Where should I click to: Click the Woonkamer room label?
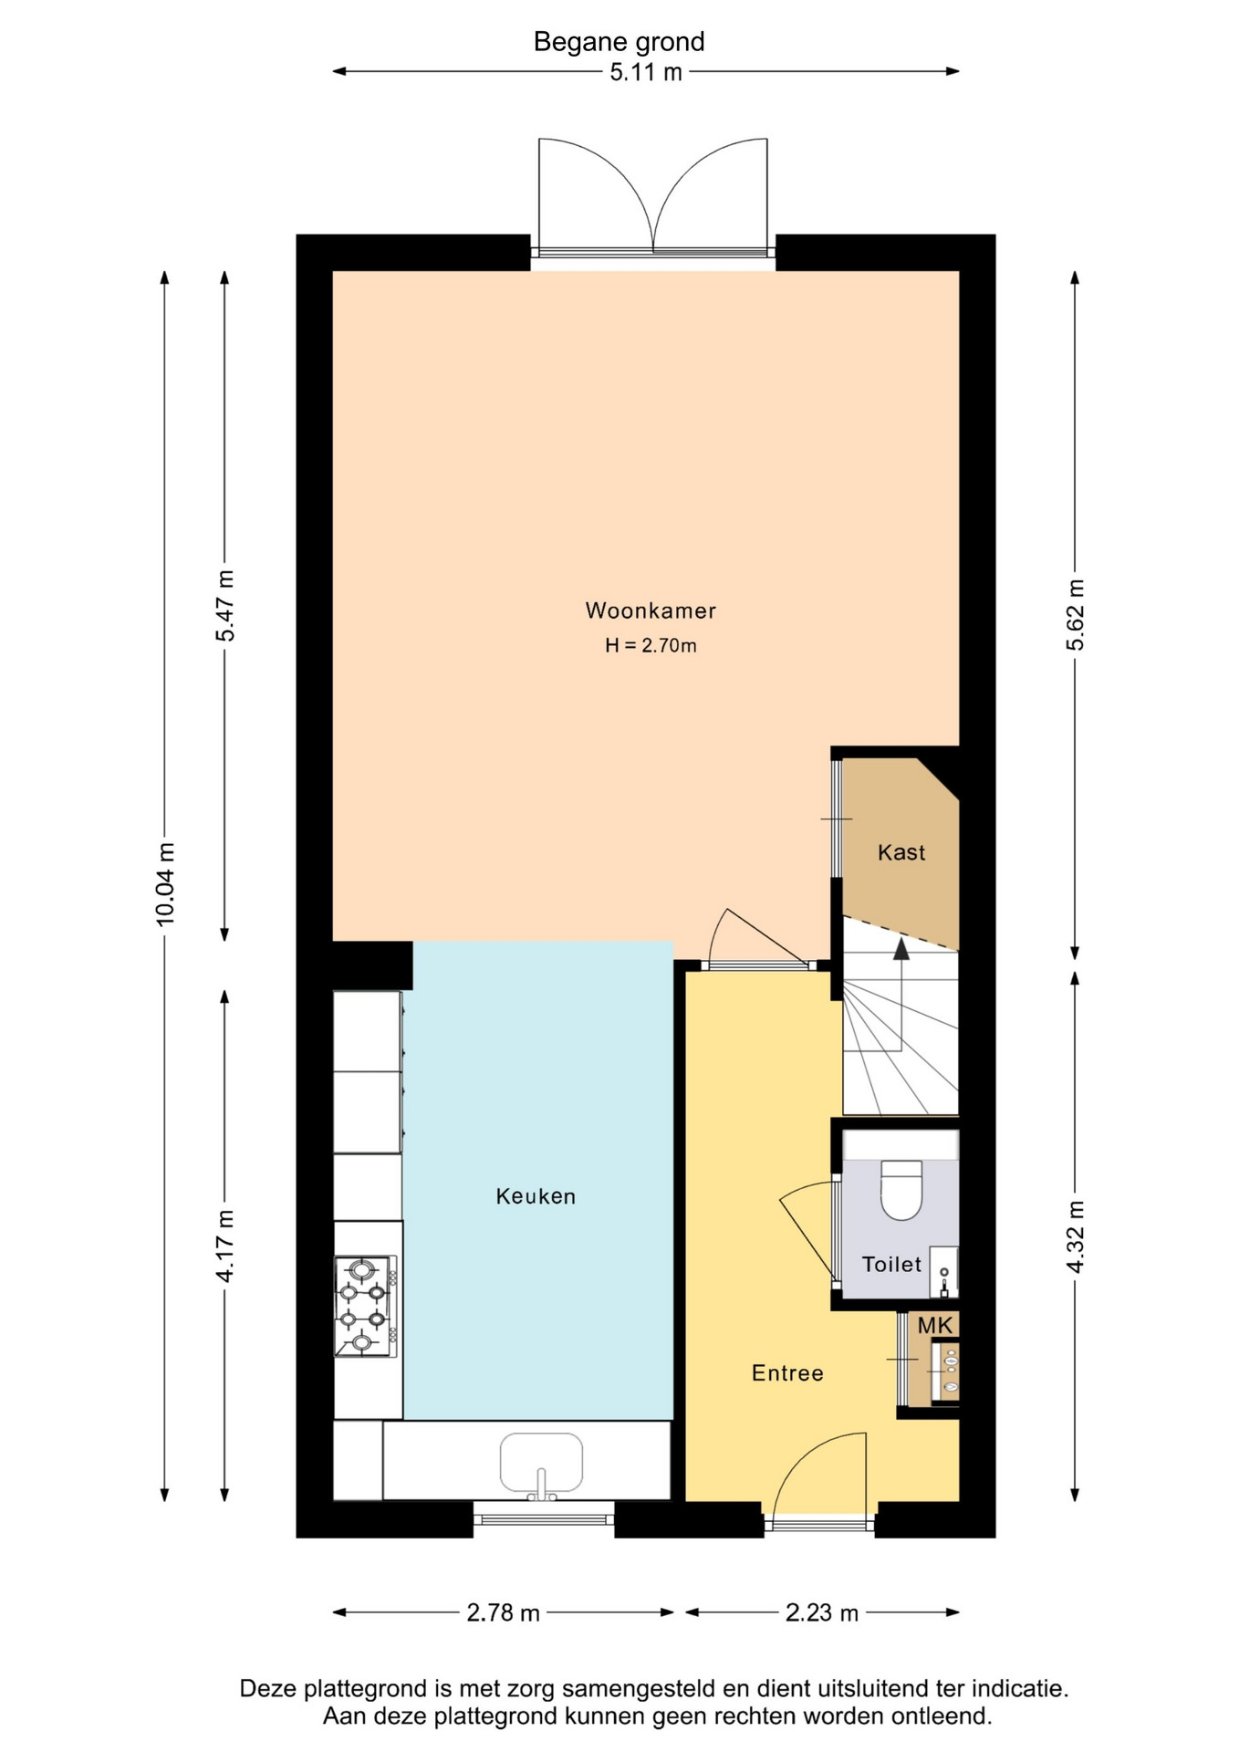click(x=651, y=610)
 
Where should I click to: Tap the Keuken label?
click(x=536, y=1196)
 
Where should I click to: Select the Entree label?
click(x=787, y=1373)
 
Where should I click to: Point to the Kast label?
click(x=901, y=852)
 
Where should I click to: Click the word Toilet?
click(x=891, y=1264)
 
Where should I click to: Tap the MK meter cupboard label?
click(x=935, y=1326)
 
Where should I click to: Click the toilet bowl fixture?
click(x=901, y=1190)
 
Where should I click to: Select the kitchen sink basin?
click(x=541, y=1462)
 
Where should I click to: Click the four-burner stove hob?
click(x=366, y=1306)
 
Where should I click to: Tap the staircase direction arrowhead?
click(x=901, y=949)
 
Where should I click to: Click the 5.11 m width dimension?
click(x=646, y=72)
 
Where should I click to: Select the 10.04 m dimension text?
click(x=165, y=884)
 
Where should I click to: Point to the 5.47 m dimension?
click(x=224, y=606)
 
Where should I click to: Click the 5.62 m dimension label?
click(x=1076, y=615)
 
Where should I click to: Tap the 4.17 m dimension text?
click(x=224, y=1246)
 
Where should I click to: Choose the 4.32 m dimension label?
click(x=1076, y=1236)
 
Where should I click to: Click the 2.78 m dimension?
click(x=504, y=1612)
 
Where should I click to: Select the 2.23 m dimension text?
click(x=822, y=1612)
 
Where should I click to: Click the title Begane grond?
click(x=619, y=42)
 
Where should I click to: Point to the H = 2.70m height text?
click(x=651, y=645)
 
